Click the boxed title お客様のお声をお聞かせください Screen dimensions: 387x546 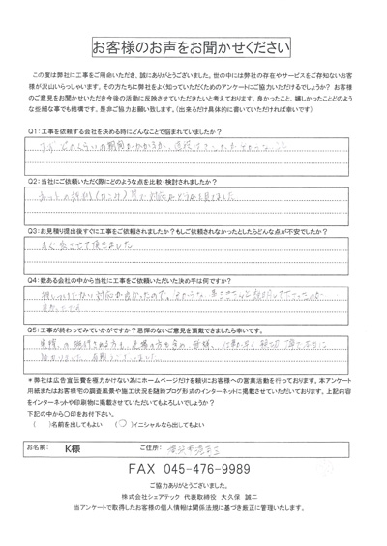[x=193, y=46]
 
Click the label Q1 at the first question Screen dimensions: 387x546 [x=33, y=129]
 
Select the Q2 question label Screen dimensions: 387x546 [x=33, y=181]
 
